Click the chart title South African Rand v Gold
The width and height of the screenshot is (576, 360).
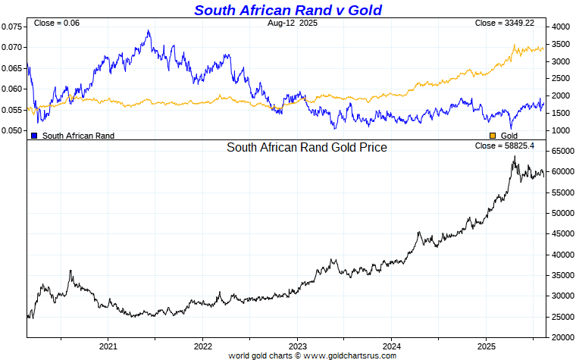click(287, 10)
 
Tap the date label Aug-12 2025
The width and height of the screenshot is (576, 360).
click(287, 23)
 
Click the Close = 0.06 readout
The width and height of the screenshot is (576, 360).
click(57, 23)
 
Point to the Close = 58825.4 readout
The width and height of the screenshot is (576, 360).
click(505, 146)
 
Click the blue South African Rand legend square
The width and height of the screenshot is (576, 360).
click(34, 136)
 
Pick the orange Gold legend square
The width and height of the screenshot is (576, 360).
click(493, 136)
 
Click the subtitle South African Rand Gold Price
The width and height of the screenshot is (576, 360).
click(307, 148)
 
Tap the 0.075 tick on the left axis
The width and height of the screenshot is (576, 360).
click(12, 27)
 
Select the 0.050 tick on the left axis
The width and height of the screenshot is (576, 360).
click(12, 130)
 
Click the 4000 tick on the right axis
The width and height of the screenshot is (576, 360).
click(561, 27)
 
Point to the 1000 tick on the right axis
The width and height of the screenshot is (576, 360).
click(561, 130)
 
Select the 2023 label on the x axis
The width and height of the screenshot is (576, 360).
click(297, 346)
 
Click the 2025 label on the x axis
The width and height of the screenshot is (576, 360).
click(486, 346)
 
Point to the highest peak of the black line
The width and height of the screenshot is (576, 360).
click(515, 156)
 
